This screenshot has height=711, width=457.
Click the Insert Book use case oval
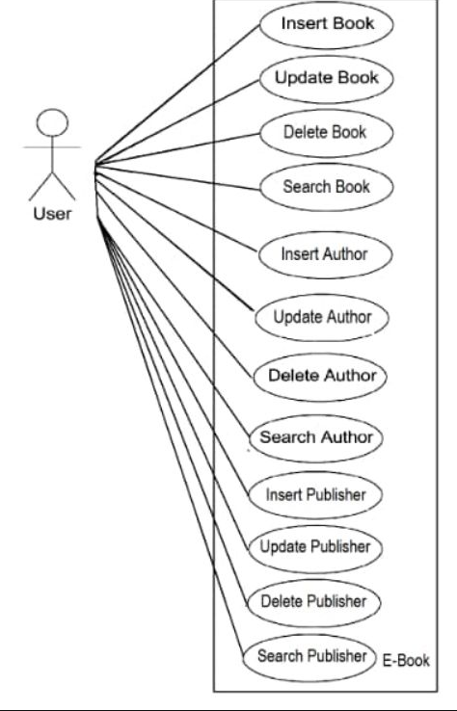click(x=327, y=24)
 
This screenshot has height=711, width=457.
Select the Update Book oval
click(x=327, y=79)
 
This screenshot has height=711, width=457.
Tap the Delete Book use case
click(x=327, y=133)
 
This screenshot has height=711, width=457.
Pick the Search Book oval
click(x=327, y=187)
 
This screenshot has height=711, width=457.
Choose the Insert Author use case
click(x=325, y=254)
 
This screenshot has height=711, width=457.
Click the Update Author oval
click(x=322, y=317)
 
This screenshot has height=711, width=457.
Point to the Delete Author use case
click(x=320, y=377)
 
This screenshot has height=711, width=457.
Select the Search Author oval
click(x=316, y=438)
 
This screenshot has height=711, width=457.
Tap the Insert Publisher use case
click(x=315, y=494)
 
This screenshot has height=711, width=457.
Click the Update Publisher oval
click(x=315, y=548)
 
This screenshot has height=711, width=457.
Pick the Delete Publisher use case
click(x=313, y=603)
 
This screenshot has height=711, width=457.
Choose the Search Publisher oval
click(x=309, y=657)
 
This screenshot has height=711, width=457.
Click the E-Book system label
click(x=406, y=661)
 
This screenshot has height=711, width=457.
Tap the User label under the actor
click(x=52, y=214)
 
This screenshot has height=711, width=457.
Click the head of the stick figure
click(x=52, y=122)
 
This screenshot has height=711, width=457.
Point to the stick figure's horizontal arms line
click(x=52, y=146)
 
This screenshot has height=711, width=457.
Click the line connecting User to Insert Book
click(x=177, y=93)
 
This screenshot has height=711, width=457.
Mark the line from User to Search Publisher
click(x=171, y=437)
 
